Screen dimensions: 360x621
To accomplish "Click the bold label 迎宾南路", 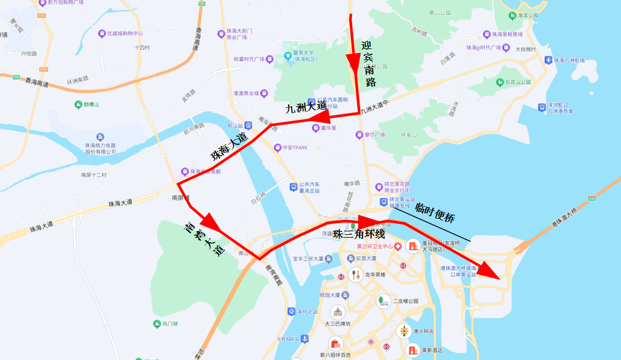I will [x=369, y=64].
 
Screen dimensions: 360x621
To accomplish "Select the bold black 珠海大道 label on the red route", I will [x=229, y=148].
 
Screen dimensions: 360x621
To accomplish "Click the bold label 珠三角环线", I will [x=356, y=235].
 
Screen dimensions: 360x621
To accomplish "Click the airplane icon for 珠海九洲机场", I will [x=549, y=60].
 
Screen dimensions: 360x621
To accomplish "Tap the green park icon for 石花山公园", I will [x=500, y=82].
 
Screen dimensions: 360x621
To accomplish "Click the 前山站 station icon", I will [x=248, y=125].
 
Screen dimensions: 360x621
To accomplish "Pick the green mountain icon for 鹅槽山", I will [x=78, y=104].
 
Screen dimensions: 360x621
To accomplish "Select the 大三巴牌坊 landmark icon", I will [x=336, y=312].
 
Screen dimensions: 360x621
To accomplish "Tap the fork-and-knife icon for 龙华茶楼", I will [x=356, y=275].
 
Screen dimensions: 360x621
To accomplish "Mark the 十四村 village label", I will [x=142, y=48].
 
